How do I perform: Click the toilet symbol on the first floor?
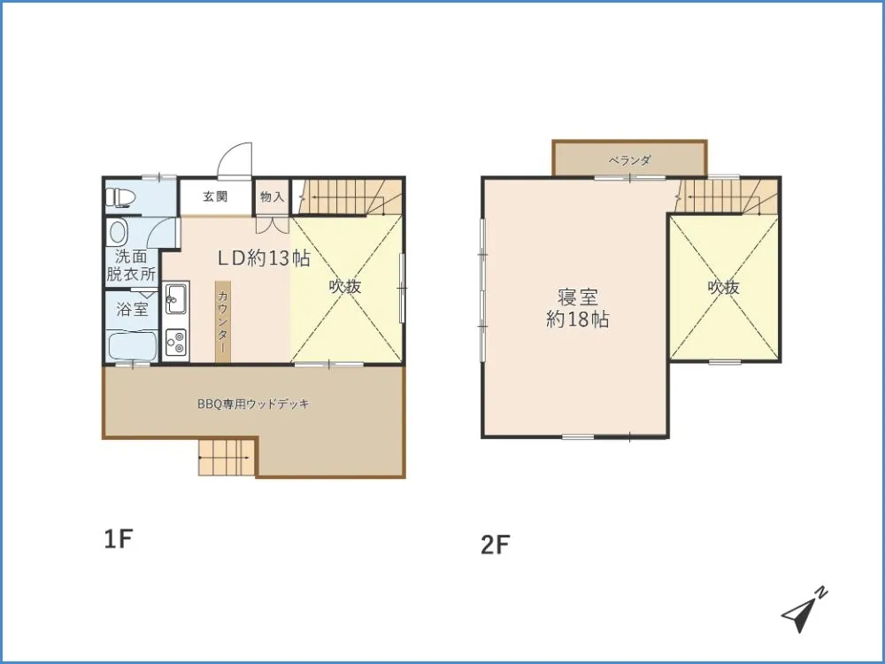[x=120, y=197]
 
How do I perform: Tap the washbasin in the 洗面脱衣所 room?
[x=119, y=231]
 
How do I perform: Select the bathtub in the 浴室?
[x=132, y=345]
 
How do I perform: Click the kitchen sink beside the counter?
[x=177, y=297]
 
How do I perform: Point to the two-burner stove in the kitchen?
[x=177, y=341]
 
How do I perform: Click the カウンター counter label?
[x=223, y=320]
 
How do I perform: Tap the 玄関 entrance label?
[x=215, y=197]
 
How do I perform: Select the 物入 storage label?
[x=272, y=197]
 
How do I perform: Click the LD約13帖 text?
[x=264, y=258]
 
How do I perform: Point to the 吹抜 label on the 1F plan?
[x=345, y=287]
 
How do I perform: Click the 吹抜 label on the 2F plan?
[x=724, y=288]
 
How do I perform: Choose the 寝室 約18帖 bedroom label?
[x=577, y=308]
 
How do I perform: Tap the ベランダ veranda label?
[x=629, y=160]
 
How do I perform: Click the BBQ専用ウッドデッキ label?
[x=253, y=405]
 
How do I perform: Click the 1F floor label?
[x=118, y=539]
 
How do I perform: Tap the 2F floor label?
[x=495, y=544]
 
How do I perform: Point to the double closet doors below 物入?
[x=272, y=224]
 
